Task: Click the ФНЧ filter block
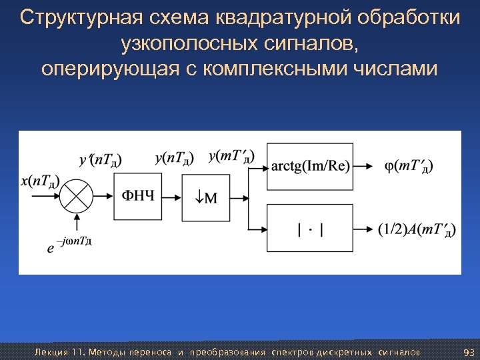coord(139,197)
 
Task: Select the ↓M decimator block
coord(206,197)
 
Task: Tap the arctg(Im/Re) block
coord(309,166)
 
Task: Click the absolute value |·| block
coord(309,230)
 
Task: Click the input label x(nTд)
coord(40,181)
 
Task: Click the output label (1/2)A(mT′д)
coord(417,231)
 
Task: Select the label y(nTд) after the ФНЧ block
coord(174,158)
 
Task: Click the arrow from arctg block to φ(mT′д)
coord(363,166)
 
